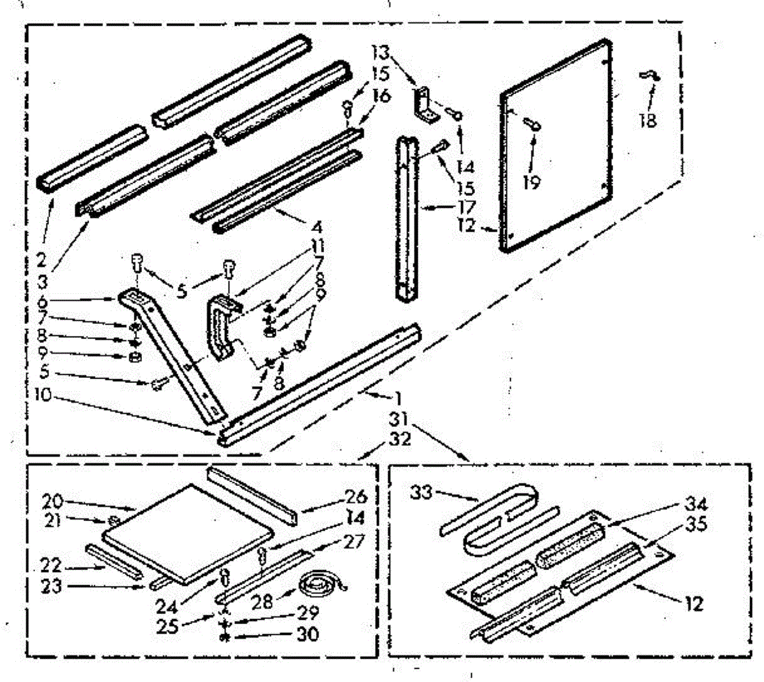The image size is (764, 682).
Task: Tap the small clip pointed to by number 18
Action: (x=649, y=76)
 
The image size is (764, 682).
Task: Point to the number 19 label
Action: (x=531, y=183)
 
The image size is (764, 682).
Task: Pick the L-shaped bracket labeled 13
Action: (x=425, y=104)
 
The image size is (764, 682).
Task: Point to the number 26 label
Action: (x=356, y=496)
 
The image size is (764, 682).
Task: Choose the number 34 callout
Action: (x=695, y=505)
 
